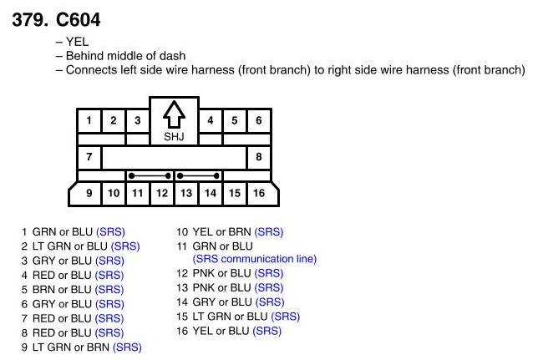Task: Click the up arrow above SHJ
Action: pyautogui.click(x=173, y=114)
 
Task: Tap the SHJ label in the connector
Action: pyautogui.click(x=173, y=136)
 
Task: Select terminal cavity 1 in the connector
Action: pyautogui.click(x=89, y=120)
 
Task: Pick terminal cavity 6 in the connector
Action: pyautogui.click(x=258, y=120)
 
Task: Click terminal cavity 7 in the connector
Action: pyautogui.click(x=89, y=156)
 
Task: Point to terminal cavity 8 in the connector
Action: pyautogui.click(x=258, y=156)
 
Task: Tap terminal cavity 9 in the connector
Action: pyautogui.click(x=89, y=193)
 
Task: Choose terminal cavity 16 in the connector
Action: pyautogui.click(x=259, y=193)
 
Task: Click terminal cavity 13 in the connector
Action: pyautogui.click(x=185, y=193)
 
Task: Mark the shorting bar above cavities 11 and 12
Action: pyautogui.click(x=150, y=175)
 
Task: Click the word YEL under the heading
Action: pyautogui.click(x=77, y=41)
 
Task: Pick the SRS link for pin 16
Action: pyautogui.click(x=266, y=331)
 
